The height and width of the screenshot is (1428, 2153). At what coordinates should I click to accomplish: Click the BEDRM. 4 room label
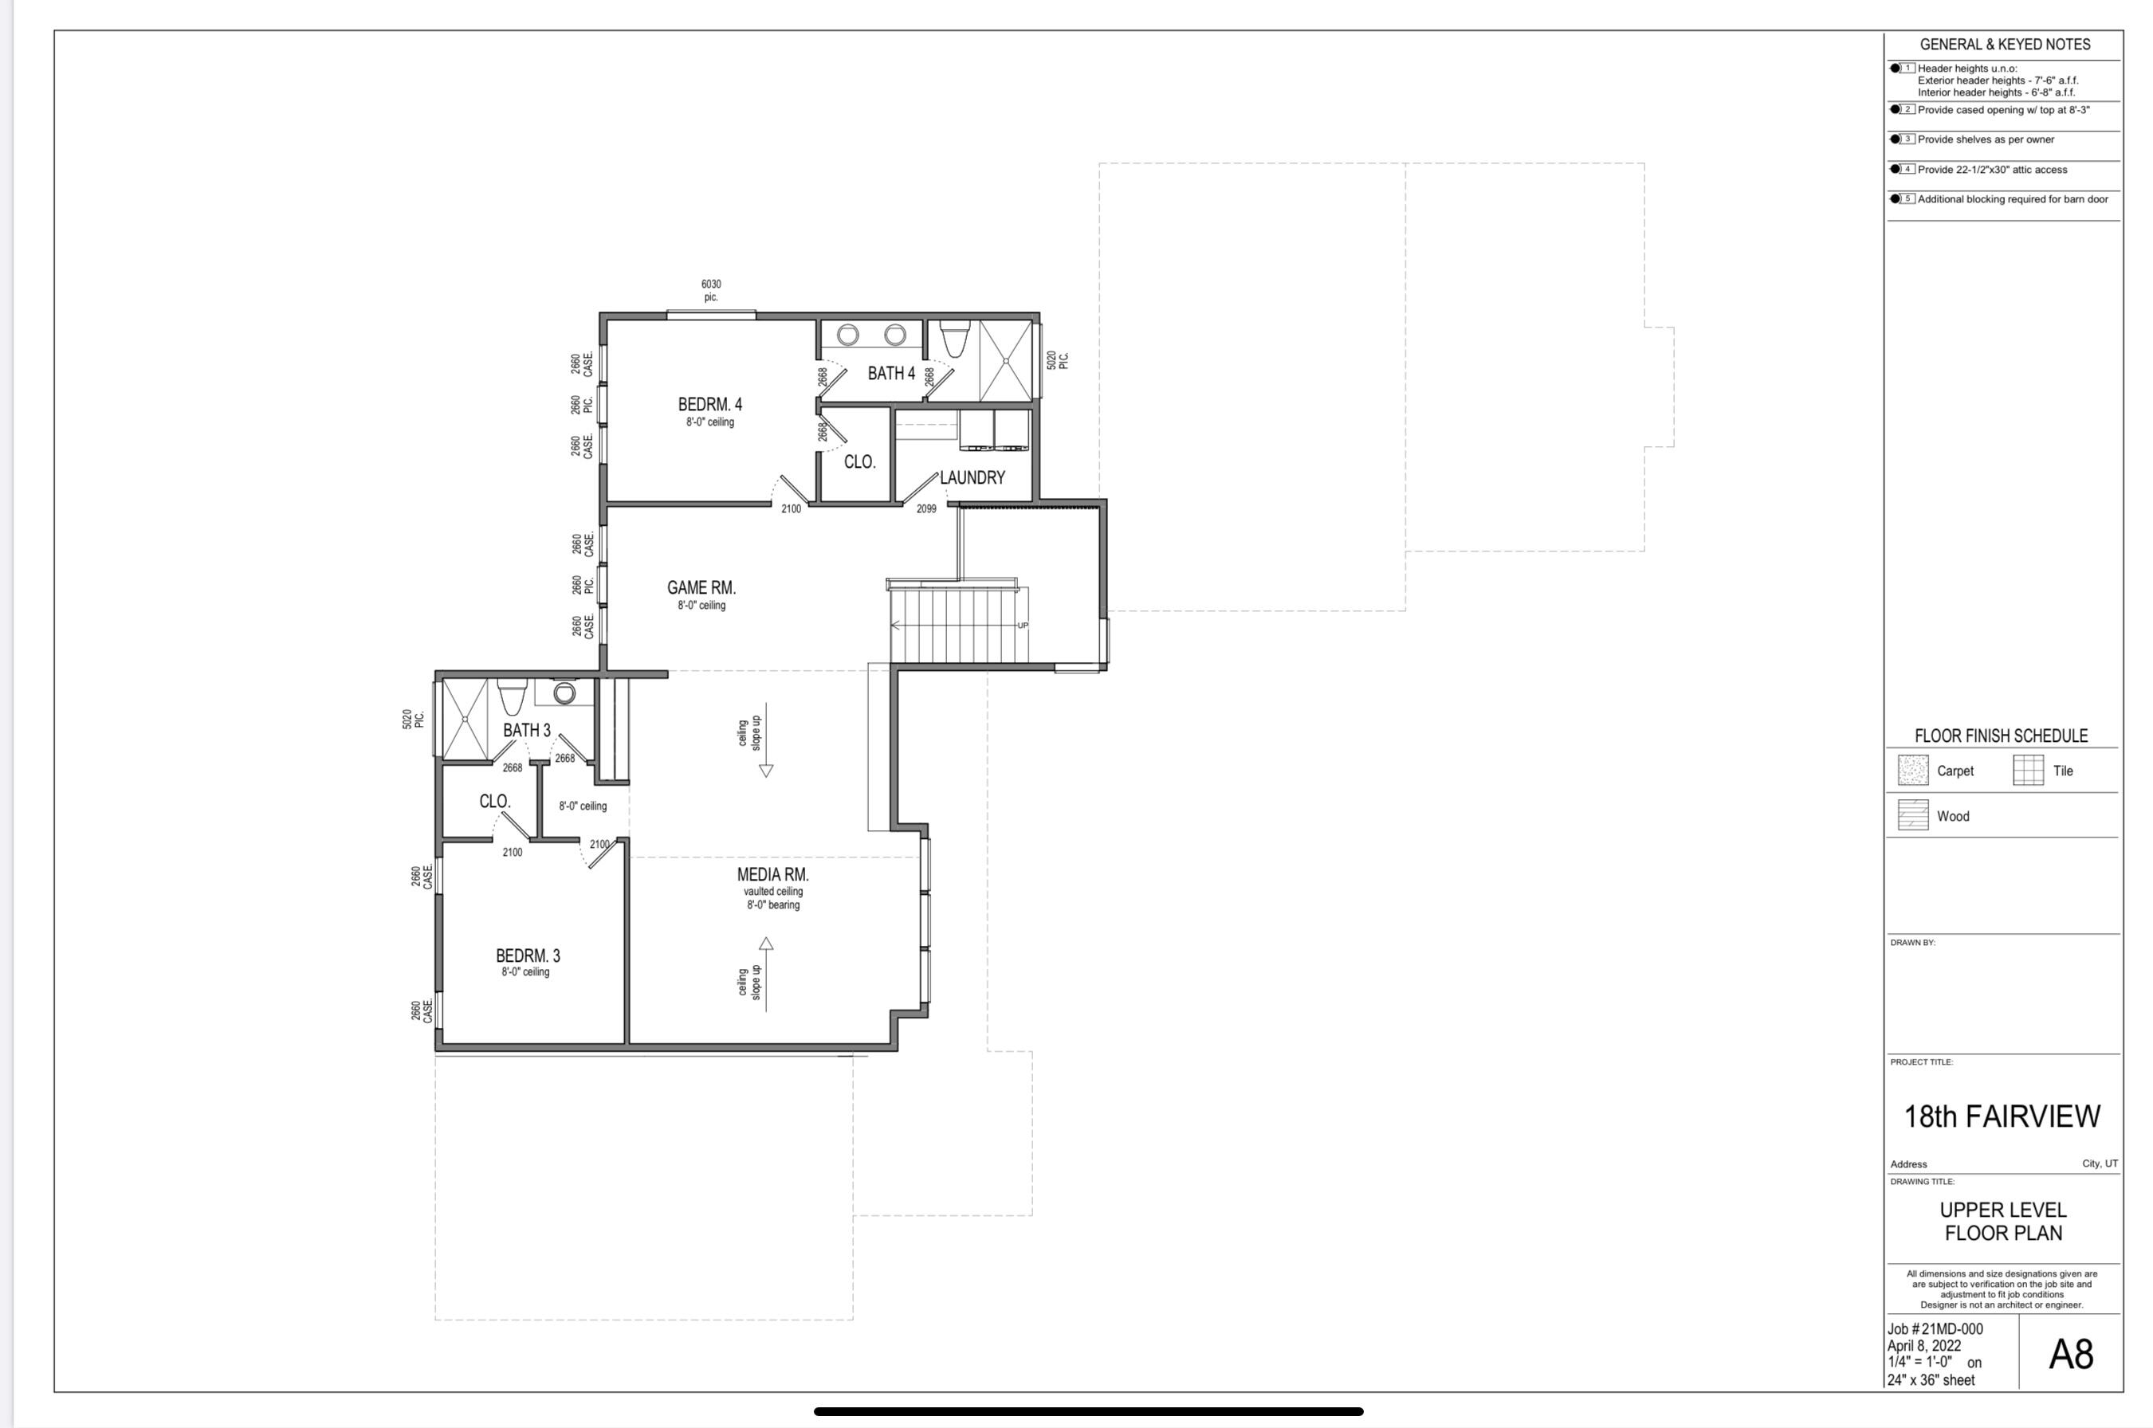[x=709, y=404]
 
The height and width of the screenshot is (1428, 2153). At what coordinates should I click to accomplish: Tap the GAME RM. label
[x=701, y=588]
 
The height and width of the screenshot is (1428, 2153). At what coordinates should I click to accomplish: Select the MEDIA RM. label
[x=772, y=874]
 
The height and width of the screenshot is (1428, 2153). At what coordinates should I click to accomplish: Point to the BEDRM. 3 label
[x=528, y=955]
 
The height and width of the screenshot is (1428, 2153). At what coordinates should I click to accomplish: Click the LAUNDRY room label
[x=972, y=477]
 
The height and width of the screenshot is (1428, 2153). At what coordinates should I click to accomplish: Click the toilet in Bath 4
[x=953, y=338]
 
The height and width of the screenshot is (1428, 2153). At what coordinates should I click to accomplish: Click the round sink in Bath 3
[x=564, y=694]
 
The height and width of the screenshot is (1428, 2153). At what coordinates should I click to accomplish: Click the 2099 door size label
[x=925, y=509]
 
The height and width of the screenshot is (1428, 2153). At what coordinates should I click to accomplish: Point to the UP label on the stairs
[x=1022, y=626]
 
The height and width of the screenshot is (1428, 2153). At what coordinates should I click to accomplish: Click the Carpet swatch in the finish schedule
[x=1912, y=771]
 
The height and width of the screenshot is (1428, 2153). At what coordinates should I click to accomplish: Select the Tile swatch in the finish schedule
[x=2027, y=771]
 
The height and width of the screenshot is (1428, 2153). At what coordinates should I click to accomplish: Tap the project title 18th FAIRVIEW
[x=2002, y=1116]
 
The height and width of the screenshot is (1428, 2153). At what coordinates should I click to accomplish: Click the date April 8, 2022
[x=1923, y=1346]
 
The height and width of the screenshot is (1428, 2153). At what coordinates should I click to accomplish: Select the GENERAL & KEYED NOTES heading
[x=2005, y=45]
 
